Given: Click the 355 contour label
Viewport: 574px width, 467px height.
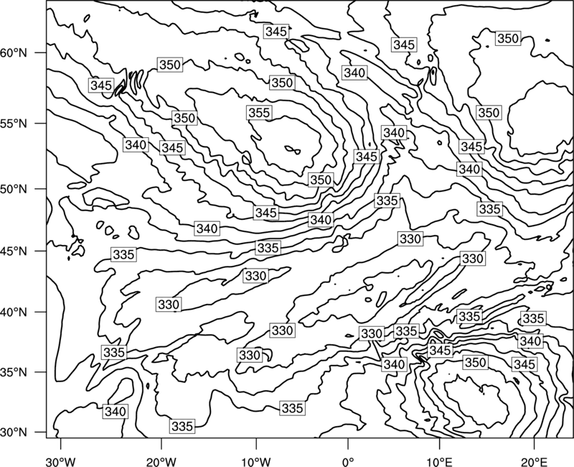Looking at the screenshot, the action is (x=259, y=113).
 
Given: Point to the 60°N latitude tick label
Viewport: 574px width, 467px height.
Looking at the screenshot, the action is (x=14, y=53).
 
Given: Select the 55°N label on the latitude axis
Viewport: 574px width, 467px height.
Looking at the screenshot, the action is (x=14, y=124).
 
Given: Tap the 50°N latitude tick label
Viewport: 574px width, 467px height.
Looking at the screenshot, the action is (x=14, y=190).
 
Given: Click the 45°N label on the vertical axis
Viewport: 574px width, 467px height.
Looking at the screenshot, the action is (x=14, y=251).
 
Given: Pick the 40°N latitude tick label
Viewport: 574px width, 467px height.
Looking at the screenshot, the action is (x=14, y=313).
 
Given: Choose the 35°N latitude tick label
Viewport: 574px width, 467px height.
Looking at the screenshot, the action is (x=14, y=372).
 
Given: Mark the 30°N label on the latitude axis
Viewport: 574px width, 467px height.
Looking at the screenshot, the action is (x=14, y=433).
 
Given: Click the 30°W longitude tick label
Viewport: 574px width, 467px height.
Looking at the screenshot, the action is (x=60, y=461).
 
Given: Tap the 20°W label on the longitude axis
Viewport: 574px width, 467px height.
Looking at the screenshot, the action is (x=161, y=461).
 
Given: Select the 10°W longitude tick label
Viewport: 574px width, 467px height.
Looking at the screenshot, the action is (x=256, y=461).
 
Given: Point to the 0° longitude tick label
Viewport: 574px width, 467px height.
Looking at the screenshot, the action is (x=348, y=461).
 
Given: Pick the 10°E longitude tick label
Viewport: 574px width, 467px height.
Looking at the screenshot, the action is (x=439, y=461).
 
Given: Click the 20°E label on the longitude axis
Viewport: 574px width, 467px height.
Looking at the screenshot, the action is (x=534, y=461).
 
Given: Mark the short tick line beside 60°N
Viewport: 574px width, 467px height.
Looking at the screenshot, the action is (x=41, y=52).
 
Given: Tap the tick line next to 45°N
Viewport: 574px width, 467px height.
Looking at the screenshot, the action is (x=41, y=251).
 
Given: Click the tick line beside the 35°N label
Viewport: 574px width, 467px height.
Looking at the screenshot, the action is (x=41, y=372).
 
